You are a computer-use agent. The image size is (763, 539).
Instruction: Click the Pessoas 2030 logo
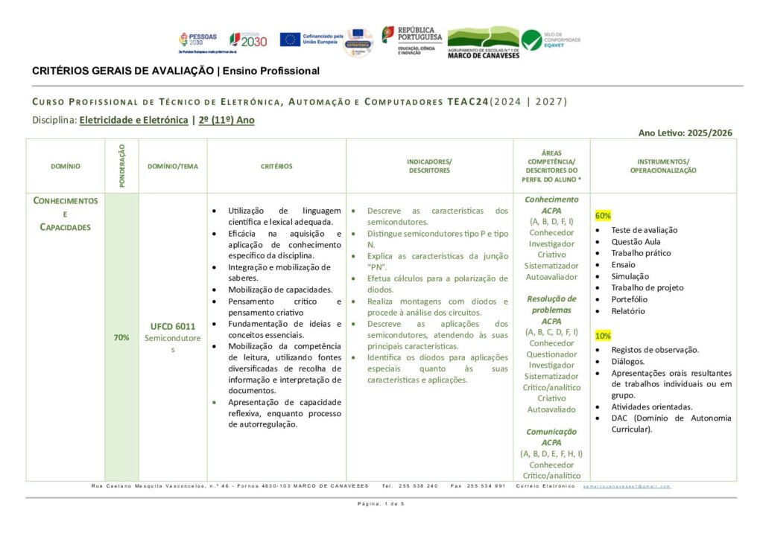(197, 41)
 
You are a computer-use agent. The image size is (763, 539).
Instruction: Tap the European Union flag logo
(291, 39)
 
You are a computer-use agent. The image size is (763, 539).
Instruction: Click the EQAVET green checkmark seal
(531, 39)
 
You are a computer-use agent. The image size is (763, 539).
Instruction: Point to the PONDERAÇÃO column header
(122, 166)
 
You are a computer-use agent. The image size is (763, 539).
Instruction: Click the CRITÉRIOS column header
(276, 167)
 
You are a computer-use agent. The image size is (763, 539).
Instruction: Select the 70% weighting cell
(121, 337)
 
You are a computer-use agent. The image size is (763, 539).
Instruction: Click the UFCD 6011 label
(173, 326)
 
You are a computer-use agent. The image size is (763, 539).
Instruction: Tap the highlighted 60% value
(603, 215)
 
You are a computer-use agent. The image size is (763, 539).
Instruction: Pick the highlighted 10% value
(603, 336)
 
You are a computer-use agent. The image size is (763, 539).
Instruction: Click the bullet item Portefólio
(629, 299)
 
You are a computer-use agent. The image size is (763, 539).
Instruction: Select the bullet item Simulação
(630, 276)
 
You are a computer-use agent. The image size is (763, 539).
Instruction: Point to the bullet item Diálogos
(629, 361)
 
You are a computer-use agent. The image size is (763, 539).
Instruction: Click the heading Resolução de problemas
(551, 304)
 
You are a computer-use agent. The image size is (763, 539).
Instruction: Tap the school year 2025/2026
(712, 133)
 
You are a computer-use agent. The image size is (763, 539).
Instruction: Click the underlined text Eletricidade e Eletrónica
(133, 119)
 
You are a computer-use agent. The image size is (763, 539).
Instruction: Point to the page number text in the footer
(381, 504)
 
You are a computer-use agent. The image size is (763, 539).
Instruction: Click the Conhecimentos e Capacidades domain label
(66, 214)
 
